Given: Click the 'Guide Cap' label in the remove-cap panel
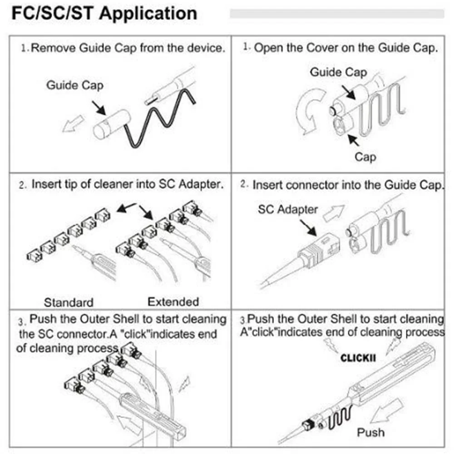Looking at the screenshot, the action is coord(74,85).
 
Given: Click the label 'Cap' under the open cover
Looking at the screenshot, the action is coord(365,157).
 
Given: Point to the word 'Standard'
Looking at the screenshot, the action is coord(69,302).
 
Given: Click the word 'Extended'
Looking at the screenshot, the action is coord(173,301).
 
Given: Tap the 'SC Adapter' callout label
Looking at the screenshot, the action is coord(288,209).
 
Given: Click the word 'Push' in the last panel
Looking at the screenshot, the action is coord(370,432).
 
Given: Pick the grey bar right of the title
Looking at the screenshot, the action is coord(336,13).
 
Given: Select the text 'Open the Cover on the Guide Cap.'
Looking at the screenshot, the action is coord(345,48).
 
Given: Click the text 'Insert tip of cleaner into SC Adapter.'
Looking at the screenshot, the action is coord(128,185).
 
